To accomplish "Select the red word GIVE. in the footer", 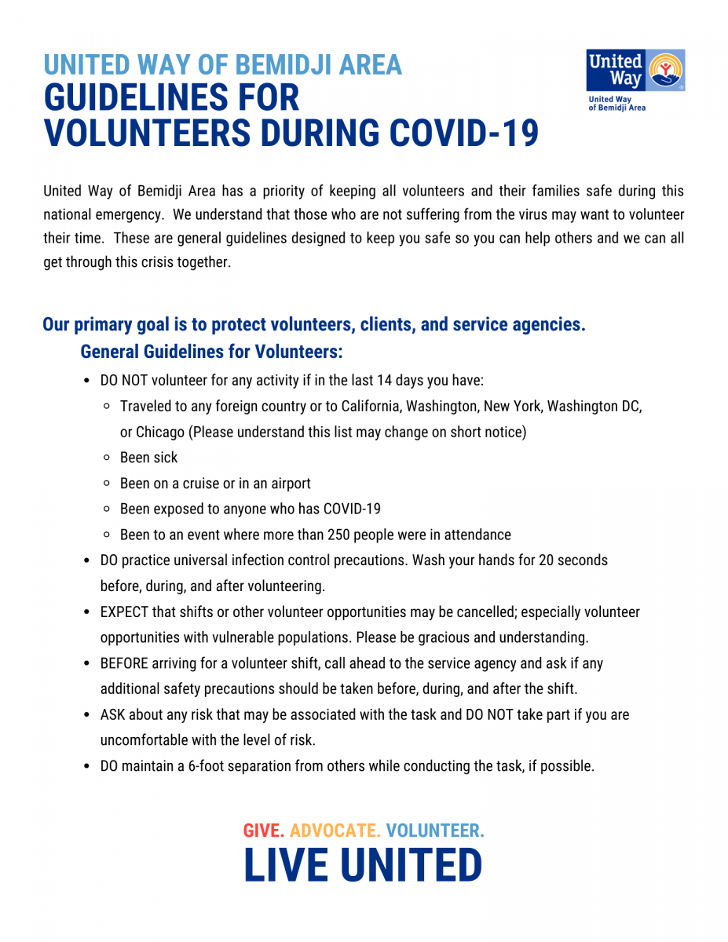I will [264, 831].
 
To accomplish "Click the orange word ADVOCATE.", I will [335, 831].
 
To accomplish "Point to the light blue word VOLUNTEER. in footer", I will [434, 831].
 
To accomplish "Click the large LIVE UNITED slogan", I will [363, 866].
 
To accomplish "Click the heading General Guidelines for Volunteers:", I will [211, 351].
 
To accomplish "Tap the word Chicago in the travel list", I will [160, 432].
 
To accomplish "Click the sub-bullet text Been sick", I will [148, 458].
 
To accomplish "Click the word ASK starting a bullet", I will [112, 715].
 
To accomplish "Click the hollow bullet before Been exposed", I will [107, 509].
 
